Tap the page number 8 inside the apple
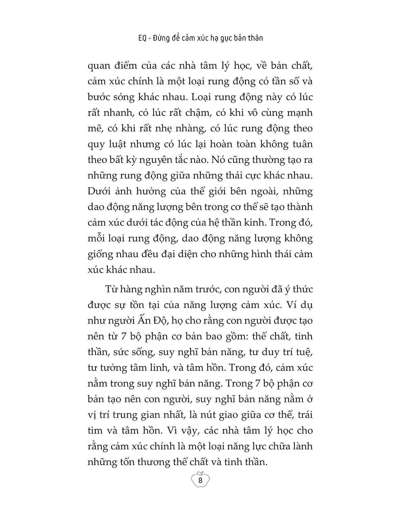[x=200, y=480]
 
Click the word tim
[x=94, y=430]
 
